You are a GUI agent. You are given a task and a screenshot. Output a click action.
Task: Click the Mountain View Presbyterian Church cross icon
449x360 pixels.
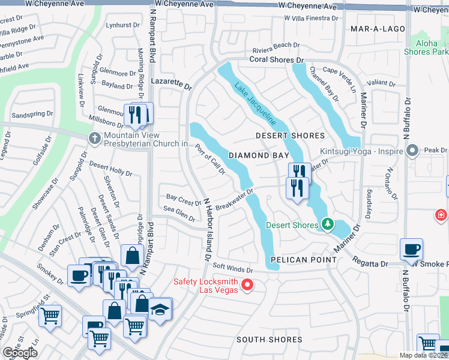click(x=94, y=138)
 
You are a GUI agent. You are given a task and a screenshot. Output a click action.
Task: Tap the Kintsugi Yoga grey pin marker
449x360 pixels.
click(x=412, y=150)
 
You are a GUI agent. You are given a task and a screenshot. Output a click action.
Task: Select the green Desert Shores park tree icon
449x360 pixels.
click(x=327, y=224)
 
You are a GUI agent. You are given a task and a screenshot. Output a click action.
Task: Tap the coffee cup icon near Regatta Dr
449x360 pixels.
click(x=411, y=249)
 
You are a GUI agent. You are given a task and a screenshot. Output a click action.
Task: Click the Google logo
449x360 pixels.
click(x=20, y=353)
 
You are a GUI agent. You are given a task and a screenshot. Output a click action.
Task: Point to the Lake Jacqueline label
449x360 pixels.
click(x=255, y=103)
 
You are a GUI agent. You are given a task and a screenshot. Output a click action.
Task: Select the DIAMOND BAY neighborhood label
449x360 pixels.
click(x=256, y=155)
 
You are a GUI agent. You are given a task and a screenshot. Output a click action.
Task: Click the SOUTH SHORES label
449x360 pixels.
click(x=269, y=340)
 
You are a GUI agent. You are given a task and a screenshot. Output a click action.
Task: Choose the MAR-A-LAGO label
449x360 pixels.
click(x=373, y=28)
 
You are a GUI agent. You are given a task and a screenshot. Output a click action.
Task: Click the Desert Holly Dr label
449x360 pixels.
click(x=111, y=168)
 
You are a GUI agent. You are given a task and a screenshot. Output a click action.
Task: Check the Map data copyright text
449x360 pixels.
click(x=423, y=355)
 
